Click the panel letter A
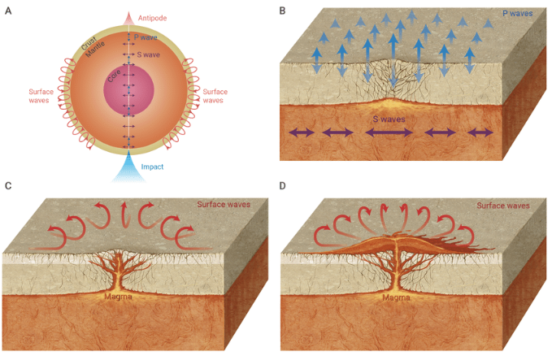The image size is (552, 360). click(x=8, y=11)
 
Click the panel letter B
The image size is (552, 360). click(x=282, y=11)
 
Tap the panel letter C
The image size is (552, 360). click(x=8, y=186)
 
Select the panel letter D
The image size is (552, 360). click(x=282, y=186)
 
